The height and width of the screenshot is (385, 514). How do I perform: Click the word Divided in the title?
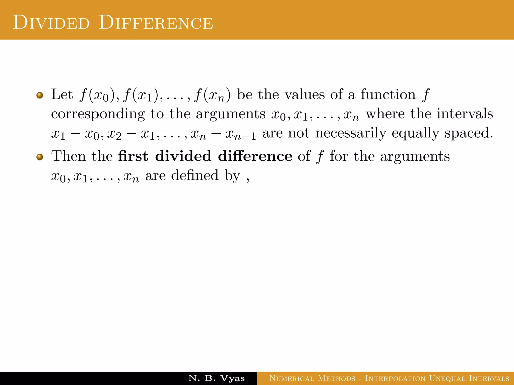51,23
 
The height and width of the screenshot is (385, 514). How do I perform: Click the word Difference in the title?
156,23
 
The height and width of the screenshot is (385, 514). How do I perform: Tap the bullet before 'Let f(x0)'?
39,95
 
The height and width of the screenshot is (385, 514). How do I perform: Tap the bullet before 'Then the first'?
39,157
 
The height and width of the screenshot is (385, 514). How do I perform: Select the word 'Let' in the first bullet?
62,95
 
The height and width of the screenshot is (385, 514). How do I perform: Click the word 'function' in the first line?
388,95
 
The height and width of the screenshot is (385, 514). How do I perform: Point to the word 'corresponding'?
98,114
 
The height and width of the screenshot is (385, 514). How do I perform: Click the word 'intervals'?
465,114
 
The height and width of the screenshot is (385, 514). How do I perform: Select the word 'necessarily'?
351,133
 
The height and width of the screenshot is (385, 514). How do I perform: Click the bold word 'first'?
133,156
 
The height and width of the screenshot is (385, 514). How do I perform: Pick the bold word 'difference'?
255,156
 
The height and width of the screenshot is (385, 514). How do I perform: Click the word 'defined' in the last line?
195,175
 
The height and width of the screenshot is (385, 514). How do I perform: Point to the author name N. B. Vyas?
216,378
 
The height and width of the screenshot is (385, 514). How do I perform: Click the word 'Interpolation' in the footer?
395,378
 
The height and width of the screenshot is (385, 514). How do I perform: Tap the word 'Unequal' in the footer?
447,378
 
